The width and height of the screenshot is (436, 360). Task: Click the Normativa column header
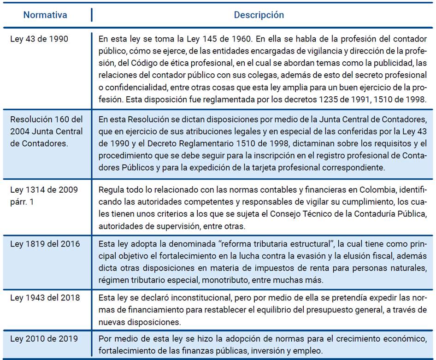pos(45,15)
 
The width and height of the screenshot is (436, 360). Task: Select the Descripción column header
pos(259,15)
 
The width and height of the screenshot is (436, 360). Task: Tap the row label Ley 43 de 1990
pos(39,39)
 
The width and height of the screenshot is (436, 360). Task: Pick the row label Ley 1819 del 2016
pos(45,244)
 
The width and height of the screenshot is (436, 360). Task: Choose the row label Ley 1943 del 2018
pos(45,298)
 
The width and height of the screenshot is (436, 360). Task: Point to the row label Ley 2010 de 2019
pos(44,339)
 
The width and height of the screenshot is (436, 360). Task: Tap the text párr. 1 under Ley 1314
pos(22,202)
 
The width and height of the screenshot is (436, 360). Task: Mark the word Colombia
pos(363,190)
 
